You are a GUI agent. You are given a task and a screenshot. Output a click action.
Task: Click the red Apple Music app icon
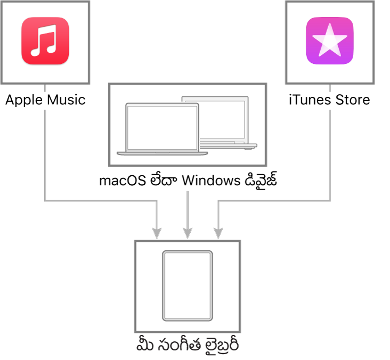(45, 41)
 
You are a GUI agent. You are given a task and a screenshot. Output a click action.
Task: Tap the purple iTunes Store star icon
(330, 41)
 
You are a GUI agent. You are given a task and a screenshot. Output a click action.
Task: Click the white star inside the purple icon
(330, 40)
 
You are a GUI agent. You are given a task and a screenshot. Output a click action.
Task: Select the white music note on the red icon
(44, 40)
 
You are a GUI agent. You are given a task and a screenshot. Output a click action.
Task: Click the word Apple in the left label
(24, 101)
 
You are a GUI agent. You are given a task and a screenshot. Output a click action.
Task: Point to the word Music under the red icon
(66, 100)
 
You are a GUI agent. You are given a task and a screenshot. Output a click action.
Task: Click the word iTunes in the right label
(310, 100)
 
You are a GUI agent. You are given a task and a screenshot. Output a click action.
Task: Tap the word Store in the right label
(353, 100)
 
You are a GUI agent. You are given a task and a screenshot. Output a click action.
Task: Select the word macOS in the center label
(123, 180)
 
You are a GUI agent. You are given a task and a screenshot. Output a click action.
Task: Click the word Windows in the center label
(211, 180)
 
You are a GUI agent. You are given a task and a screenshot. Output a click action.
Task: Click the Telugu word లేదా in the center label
(164, 180)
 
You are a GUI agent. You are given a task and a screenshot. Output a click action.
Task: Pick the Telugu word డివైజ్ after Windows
(261, 179)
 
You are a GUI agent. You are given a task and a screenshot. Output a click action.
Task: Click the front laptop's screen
(162, 128)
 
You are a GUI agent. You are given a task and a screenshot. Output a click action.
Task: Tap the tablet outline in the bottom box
(188, 285)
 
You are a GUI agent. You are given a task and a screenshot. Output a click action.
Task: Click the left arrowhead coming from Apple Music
(157, 233)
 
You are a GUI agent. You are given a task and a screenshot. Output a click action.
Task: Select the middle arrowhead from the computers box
(188, 233)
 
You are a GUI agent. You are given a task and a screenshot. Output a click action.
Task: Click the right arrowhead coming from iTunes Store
(218, 233)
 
